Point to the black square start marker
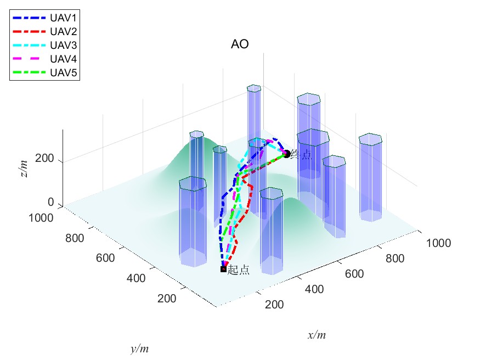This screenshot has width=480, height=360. [223, 269]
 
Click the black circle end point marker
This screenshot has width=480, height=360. [286, 154]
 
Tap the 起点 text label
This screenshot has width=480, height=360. [239, 269]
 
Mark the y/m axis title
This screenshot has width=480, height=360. [139, 348]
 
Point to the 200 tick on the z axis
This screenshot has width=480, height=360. [43, 159]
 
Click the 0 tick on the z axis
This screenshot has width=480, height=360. [50, 203]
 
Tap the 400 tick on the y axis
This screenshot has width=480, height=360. [135, 278]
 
